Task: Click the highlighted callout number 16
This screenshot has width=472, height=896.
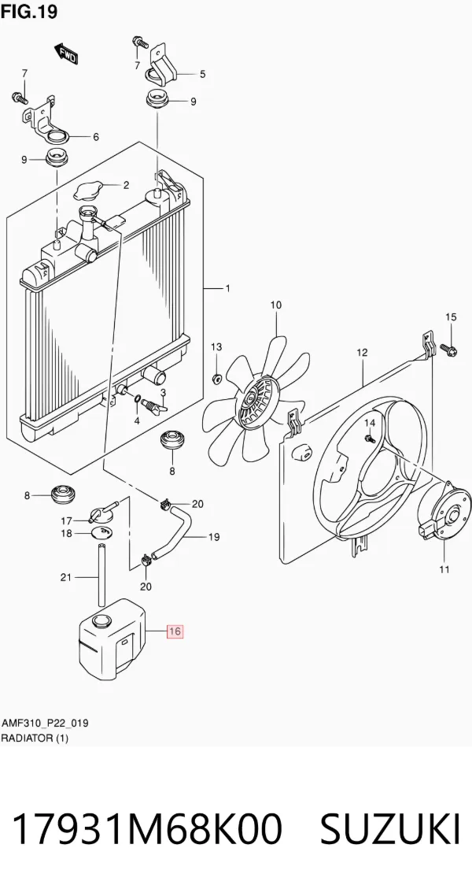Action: pyautogui.click(x=175, y=631)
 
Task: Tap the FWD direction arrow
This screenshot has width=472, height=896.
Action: pyautogui.click(x=66, y=53)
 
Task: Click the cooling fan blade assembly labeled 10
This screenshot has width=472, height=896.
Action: pyautogui.click(x=256, y=399)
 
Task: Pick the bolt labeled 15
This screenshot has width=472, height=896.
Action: pyautogui.click(x=448, y=348)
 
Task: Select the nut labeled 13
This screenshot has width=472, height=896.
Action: pyautogui.click(x=216, y=378)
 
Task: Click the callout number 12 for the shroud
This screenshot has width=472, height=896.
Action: pyautogui.click(x=363, y=353)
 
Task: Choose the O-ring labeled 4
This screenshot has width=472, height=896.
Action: pyautogui.click(x=138, y=398)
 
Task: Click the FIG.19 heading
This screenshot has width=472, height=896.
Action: pyautogui.click(x=28, y=12)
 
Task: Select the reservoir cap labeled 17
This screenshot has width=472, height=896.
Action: pyautogui.click(x=101, y=510)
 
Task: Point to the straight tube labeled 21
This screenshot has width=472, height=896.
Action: pyautogui.click(x=102, y=576)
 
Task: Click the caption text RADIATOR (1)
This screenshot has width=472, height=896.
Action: pyautogui.click(x=35, y=738)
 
